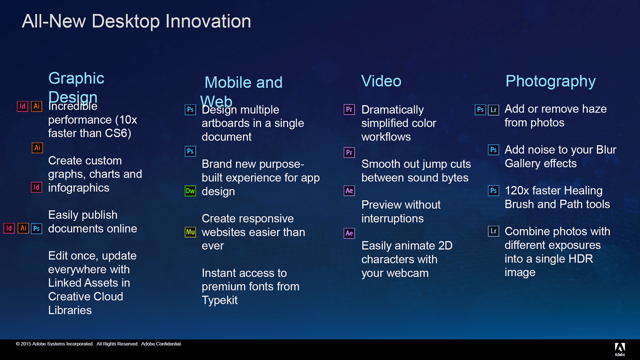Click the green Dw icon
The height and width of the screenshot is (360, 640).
coord(190,191)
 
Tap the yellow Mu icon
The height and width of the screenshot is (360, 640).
coord(190,232)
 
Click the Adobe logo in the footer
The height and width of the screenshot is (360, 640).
coord(620,350)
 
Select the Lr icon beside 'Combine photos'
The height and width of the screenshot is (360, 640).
coord(494,231)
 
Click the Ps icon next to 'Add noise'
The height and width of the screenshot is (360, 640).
coord(494,150)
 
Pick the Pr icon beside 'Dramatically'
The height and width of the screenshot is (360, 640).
coord(349,110)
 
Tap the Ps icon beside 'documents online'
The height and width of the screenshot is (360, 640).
coord(36,228)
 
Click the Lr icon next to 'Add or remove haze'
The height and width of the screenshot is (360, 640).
coord(494,110)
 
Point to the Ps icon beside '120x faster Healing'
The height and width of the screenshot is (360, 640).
coord(494,190)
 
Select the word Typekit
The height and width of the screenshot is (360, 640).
coord(220,300)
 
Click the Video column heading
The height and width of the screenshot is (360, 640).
coord(381,81)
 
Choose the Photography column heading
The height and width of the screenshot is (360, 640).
coord(550,82)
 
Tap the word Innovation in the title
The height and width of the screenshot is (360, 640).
coord(208,21)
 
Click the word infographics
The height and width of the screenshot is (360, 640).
coord(78,188)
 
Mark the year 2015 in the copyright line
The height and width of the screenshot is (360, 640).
coord(26,344)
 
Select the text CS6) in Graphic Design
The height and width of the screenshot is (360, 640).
coord(118,134)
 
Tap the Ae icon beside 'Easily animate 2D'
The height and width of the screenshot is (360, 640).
coord(349,233)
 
